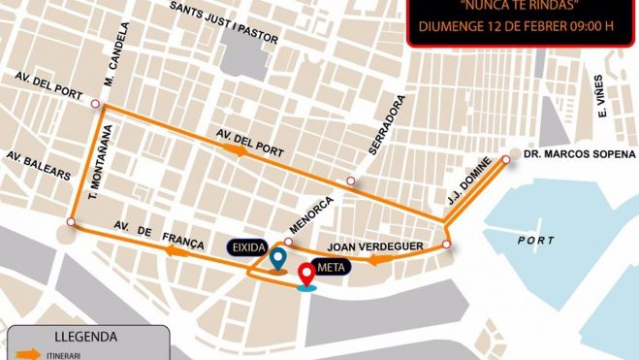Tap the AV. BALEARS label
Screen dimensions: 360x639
click(x=38, y=164)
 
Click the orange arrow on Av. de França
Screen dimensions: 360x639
click(x=176, y=251)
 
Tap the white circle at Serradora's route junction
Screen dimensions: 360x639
click(x=351, y=180)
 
